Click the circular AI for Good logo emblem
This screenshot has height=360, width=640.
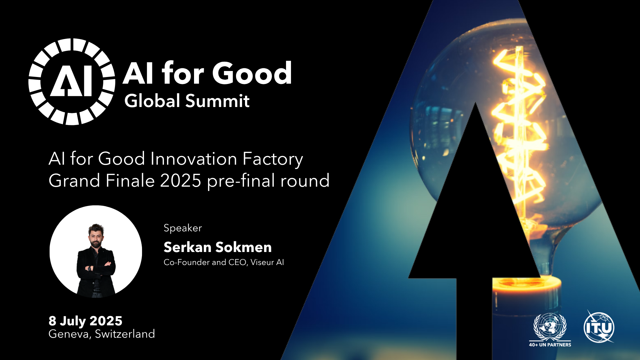[x=72, y=82]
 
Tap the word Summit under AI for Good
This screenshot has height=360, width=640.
[x=217, y=101]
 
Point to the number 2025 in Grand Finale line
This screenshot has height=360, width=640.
[x=181, y=181]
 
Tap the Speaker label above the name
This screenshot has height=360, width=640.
[x=183, y=228]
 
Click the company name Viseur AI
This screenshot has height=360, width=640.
[x=267, y=262]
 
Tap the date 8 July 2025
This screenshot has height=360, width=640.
[x=85, y=321]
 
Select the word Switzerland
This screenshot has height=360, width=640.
[x=125, y=334]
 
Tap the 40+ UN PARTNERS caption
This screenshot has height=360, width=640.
[x=550, y=345]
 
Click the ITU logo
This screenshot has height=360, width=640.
[x=599, y=327]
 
